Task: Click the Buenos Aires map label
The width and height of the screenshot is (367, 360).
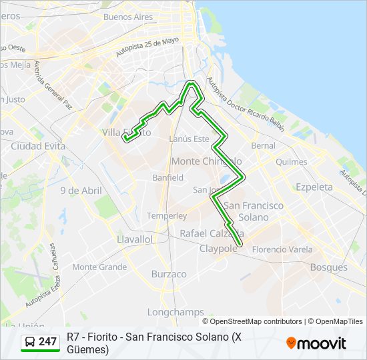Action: click(128, 17)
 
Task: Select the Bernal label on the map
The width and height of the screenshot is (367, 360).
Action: click(263, 145)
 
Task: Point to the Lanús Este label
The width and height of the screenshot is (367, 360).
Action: click(189, 139)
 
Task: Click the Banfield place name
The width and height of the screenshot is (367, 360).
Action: click(167, 178)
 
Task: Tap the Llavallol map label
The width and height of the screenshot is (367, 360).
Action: click(134, 239)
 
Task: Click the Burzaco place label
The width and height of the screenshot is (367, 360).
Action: click(169, 274)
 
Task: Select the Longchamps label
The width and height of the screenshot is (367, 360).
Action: click(176, 312)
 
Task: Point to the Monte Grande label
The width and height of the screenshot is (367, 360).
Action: click(99, 267)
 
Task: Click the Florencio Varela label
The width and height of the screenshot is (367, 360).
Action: click(282, 249)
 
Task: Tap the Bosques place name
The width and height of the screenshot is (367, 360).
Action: click(329, 267)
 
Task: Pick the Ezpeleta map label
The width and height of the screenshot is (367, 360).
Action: click(314, 187)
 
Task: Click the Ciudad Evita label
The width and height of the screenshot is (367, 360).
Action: click(37, 146)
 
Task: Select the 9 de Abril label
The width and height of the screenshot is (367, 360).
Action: click(81, 191)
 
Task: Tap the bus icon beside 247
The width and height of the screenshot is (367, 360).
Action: click(30, 342)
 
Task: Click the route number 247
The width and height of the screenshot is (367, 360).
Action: click(47, 342)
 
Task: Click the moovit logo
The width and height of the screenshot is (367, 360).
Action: click(316, 343)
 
